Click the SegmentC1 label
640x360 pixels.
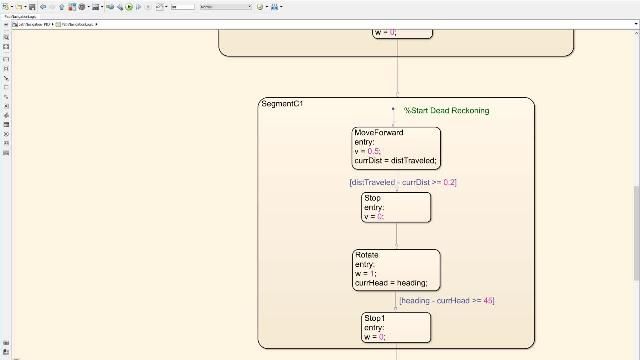281,104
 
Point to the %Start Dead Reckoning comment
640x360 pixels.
446,110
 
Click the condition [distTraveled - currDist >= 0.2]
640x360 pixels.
402,182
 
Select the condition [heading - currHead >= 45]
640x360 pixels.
447,300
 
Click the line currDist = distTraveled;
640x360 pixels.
396,161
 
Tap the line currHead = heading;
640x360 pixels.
390,283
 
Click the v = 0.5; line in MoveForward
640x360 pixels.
367,151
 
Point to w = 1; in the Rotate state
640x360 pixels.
366,274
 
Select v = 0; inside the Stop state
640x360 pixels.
374,216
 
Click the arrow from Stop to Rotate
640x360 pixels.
396,236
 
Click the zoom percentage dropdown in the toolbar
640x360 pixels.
225,6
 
